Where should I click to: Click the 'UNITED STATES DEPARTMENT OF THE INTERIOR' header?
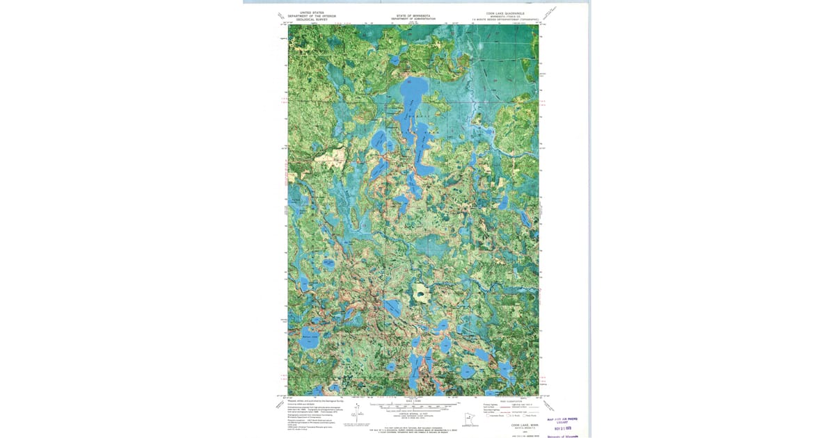(311, 14)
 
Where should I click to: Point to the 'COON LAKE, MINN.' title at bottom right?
(525, 424)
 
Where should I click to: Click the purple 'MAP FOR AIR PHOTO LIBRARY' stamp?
(562, 421)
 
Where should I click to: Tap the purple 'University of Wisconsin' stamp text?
(562, 436)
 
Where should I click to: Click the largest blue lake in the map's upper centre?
(408, 97)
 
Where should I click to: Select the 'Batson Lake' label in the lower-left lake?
(310, 337)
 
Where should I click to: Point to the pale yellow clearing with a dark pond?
(420, 290)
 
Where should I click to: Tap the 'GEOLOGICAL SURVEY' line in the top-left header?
(311, 20)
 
